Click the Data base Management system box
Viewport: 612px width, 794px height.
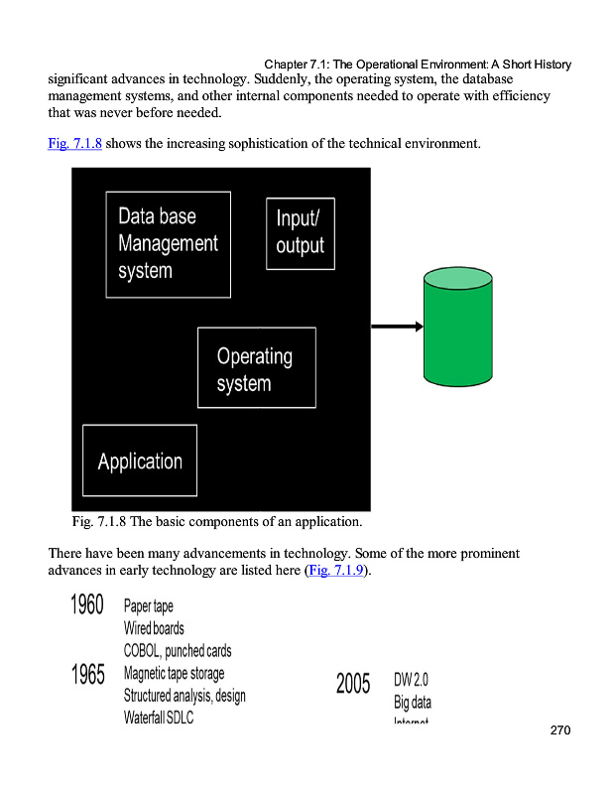pos(168,244)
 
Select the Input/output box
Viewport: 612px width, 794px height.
pos(300,233)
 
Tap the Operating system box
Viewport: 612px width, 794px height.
pos(256,368)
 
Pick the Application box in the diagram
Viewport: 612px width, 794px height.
pos(140,461)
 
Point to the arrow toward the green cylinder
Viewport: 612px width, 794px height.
pos(397,326)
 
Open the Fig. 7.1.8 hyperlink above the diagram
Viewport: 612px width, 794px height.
pos(74,144)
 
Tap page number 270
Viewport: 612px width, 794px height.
pos(560,731)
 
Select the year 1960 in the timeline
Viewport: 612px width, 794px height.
pos(87,604)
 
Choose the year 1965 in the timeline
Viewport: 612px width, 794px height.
pos(87,675)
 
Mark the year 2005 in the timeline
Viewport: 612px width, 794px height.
pos(353,684)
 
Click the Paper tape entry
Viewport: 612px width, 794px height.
pos(149,606)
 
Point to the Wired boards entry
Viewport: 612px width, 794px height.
pos(154,628)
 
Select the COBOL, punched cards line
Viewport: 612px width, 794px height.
pos(178,651)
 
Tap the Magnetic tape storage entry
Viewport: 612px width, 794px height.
pos(174,673)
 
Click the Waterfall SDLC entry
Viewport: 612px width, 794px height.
pos(159,717)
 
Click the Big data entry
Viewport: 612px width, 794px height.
pos(413,703)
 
